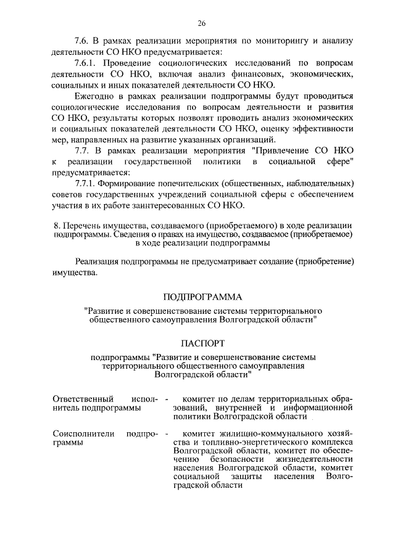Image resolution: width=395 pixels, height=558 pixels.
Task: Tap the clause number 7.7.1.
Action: (87, 184)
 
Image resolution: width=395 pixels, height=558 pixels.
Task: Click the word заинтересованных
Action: (168, 205)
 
